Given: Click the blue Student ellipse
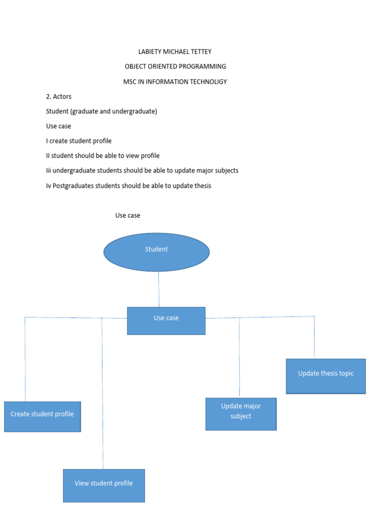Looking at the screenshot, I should (156, 252).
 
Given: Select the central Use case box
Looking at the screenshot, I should (166, 321).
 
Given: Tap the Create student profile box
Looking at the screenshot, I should (42, 417).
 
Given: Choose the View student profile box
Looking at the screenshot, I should (104, 485).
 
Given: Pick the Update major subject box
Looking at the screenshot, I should (241, 414).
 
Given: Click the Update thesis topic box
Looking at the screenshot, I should (326, 376).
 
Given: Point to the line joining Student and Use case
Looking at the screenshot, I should (159, 289).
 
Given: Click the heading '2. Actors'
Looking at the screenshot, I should (59, 97).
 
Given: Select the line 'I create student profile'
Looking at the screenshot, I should (79, 141).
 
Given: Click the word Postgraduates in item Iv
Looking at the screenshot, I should (73, 186).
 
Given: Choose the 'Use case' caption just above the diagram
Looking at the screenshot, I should (128, 216).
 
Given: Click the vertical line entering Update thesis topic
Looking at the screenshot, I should (314, 337).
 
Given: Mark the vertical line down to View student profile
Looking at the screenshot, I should (103, 393).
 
